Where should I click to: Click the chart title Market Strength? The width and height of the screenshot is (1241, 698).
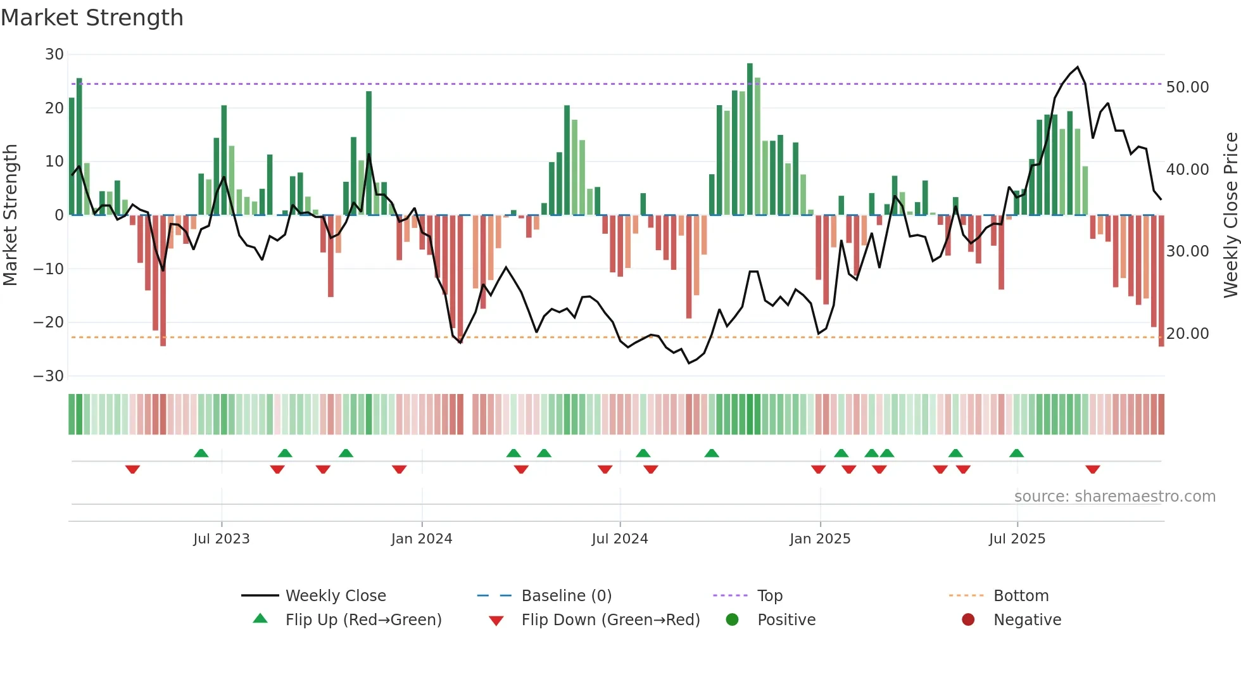click(92, 18)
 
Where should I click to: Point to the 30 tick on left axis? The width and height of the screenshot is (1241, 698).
click(54, 54)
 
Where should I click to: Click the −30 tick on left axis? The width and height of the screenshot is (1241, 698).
click(49, 376)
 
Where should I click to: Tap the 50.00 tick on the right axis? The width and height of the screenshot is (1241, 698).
click(1187, 87)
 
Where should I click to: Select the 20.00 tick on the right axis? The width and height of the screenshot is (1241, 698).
click(1187, 334)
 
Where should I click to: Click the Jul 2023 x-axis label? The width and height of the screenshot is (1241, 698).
click(222, 539)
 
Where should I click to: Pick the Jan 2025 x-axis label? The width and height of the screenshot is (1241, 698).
click(820, 539)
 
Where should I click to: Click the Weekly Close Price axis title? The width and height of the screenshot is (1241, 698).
click(1231, 215)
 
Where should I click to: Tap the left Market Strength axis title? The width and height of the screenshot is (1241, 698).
click(10, 215)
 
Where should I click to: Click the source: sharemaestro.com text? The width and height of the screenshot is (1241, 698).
click(1114, 497)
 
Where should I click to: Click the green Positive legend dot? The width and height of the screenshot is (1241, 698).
click(733, 620)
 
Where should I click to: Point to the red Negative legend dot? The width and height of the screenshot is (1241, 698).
click(968, 620)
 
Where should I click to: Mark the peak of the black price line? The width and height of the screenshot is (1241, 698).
click(1078, 67)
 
